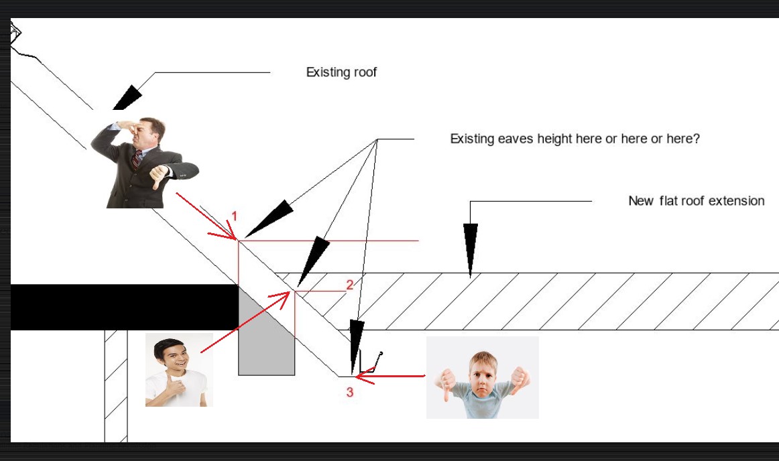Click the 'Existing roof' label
tap(341, 72)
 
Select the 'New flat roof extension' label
tap(696, 201)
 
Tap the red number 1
tap(235, 216)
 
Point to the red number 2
tap(350, 285)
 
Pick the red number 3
tap(350, 392)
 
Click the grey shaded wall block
tap(266, 330)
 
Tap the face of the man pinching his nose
tap(145, 132)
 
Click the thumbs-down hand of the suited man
tap(159, 176)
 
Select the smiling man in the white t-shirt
tap(179, 370)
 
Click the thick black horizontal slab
tap(124, 307)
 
